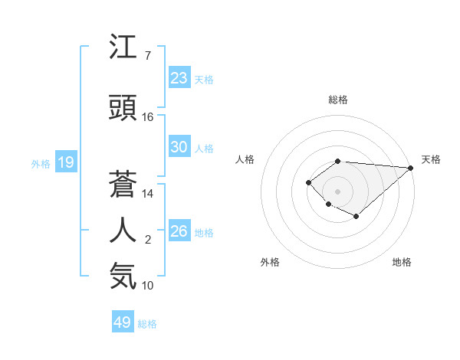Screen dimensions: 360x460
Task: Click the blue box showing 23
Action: point(179,78)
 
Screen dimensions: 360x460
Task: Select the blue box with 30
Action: point(179,147)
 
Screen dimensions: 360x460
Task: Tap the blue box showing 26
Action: point(179,231)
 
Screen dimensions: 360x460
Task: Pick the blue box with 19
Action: point(66,162)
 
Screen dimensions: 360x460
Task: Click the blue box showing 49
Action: point(123,322)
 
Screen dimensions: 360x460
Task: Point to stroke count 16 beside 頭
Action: point(148,117)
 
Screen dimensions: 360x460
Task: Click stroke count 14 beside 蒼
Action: point(148,194)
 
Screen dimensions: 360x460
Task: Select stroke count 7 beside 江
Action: point(147,56)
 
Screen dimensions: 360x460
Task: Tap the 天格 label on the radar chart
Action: point(431,159)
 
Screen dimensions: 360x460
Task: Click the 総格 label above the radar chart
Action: point(337,100)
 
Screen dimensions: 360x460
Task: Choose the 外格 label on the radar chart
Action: point(270,262)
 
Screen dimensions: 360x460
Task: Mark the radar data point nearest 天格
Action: point(411,168)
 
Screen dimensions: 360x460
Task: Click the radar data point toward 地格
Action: point(356,217)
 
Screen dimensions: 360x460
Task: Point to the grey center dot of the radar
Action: point(337,191)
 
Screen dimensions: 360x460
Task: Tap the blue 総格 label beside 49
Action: point(148,324)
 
